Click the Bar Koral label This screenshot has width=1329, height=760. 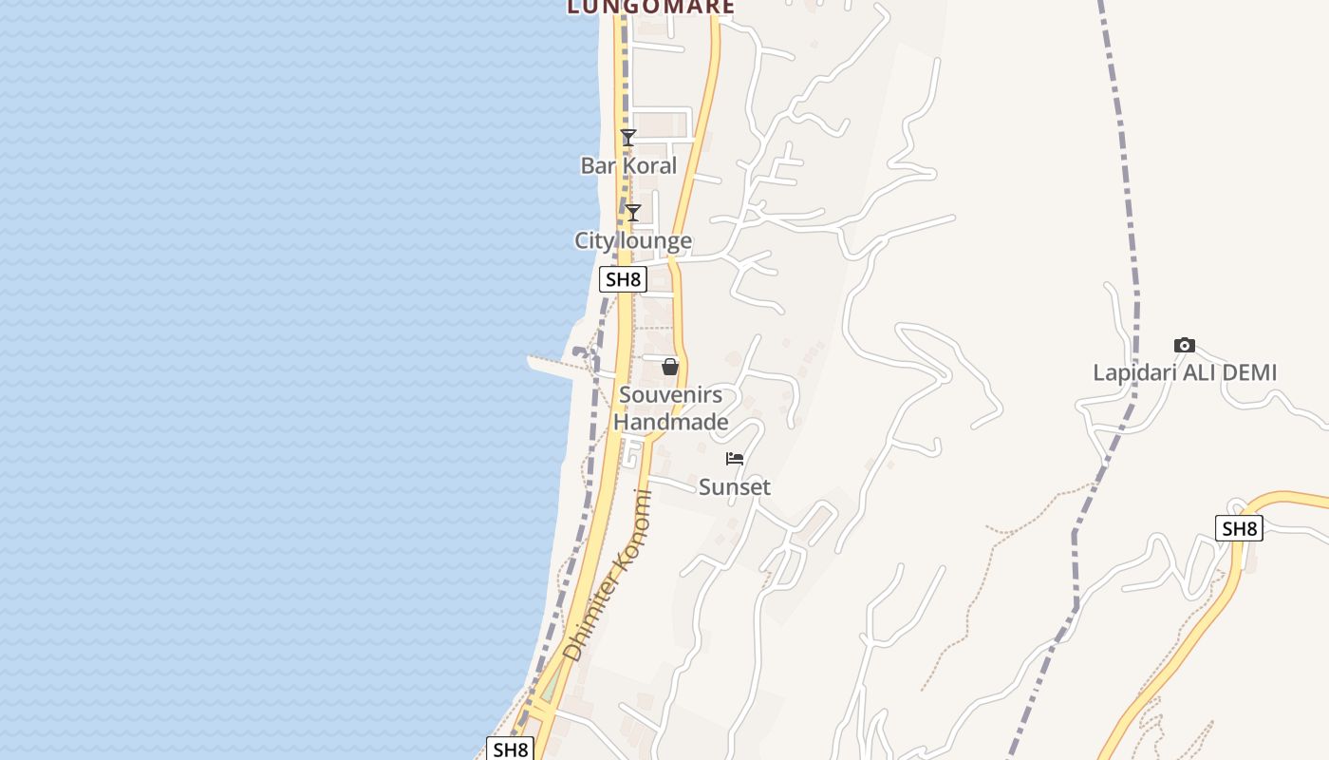tap(628, 165)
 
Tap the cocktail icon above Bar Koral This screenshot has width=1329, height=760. tap(627, 138)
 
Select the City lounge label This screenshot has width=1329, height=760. tap(633, 240)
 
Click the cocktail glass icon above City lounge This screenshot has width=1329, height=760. tap(633, 213)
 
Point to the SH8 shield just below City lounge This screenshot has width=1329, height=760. tap(624, 279)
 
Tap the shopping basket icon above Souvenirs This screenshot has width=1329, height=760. tap(670, 367)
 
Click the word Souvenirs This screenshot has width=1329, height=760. tap(670, 395)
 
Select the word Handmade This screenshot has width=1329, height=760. tap(670, 422)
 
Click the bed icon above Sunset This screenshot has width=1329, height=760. tap(735, 459)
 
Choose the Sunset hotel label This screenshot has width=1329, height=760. tap(735, 487)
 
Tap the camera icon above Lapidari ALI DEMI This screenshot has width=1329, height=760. tap(1185, 345)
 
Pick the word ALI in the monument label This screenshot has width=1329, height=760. tap(1194, 372)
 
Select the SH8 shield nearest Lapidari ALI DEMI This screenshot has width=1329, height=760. tap(1239, 528)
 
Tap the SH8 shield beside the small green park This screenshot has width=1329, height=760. tap(510, 749)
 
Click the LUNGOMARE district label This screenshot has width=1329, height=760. tap(651, 7)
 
